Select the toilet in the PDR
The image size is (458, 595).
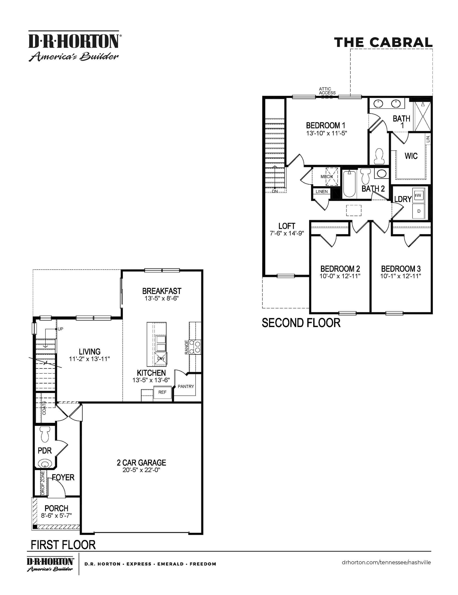(45, 434)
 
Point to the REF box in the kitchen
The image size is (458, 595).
(162, 392)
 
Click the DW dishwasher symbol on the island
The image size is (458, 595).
(161, 359)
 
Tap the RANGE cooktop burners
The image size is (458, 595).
(195, 346)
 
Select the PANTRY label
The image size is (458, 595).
(186, 386)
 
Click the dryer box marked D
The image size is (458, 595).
(419, 211)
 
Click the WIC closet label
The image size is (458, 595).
(411, 156)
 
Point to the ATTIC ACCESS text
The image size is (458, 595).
(327, 91)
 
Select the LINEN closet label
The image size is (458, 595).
(322, 192)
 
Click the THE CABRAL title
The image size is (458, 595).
(383, 42)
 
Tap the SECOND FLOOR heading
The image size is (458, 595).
(301, 323)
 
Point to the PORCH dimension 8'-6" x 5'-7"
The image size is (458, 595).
(56, 516)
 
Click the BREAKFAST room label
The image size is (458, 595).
(161, 291)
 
